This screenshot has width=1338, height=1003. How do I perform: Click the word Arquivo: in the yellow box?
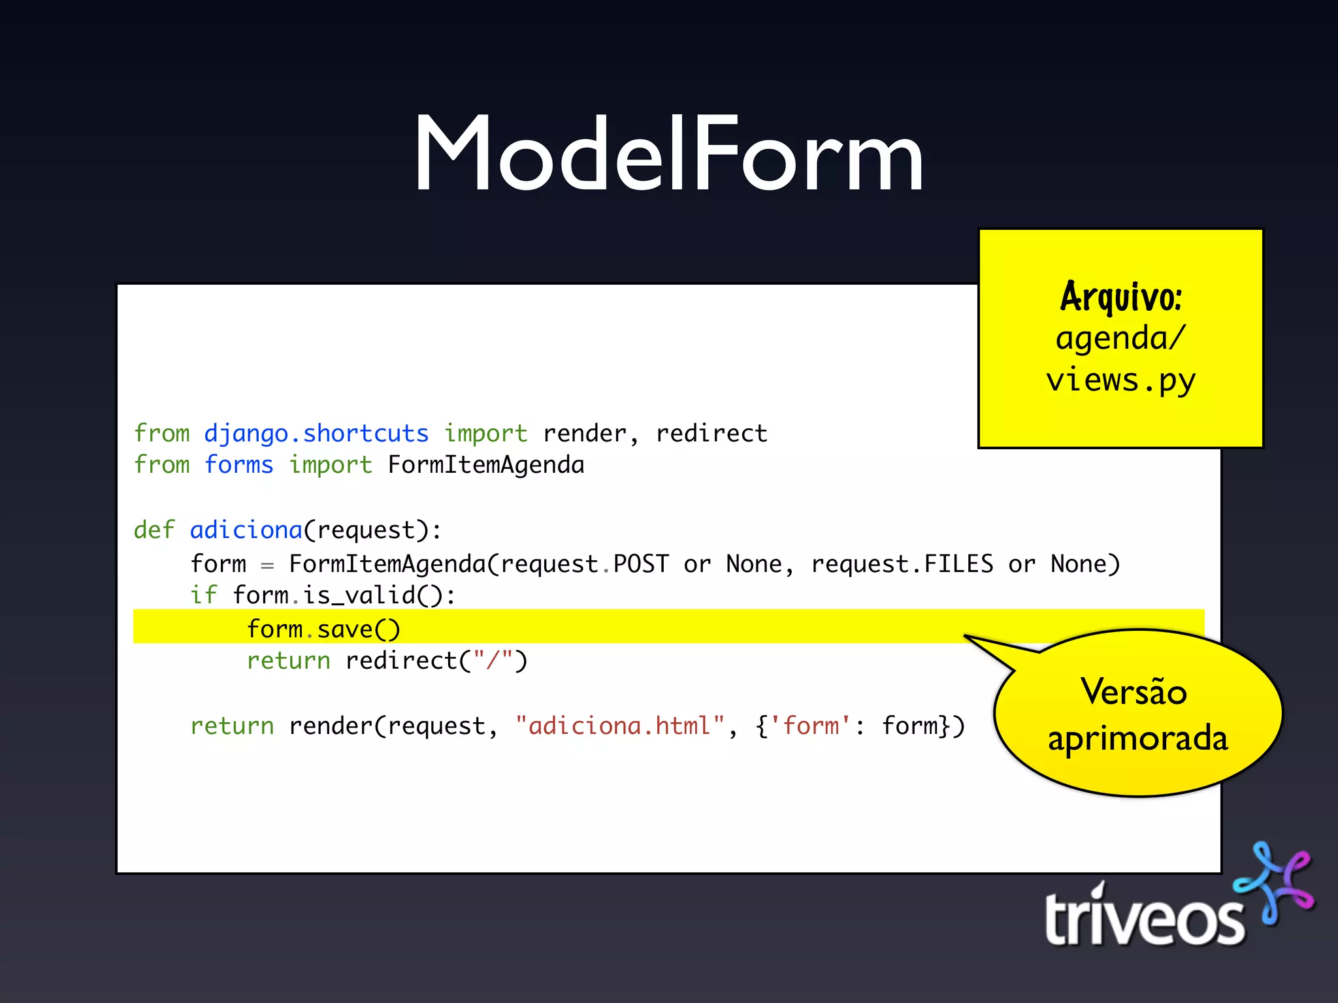click(1120, 298)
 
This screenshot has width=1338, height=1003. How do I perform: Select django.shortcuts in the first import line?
click(316, 434)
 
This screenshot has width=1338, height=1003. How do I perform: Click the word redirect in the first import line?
click(711, 434)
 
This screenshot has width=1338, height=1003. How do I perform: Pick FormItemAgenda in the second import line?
click(486, 465)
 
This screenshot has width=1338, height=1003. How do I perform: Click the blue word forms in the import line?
click(239, 465)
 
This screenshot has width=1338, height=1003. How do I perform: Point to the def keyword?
click(154, 530)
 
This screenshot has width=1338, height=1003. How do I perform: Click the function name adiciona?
click(246, 530)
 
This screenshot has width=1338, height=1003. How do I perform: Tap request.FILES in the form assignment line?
click(902, 564)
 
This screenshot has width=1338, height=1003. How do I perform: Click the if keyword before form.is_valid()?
click(203, 596)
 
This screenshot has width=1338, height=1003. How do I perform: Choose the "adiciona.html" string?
click(620, 726)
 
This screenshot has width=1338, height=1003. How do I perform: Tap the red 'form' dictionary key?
click(811, 726)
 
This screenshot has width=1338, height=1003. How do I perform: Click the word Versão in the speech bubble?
click(1134, 692)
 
